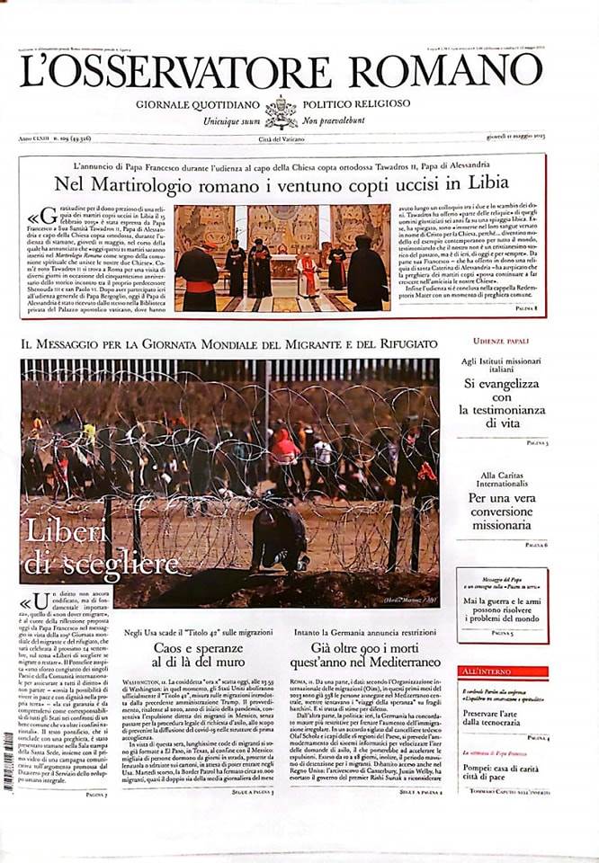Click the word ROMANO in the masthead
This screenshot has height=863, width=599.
(x=448, y=70)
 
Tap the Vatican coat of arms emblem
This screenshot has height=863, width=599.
(x=281, y=111)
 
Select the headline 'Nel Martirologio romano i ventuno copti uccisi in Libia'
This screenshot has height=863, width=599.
(x=282, y=182)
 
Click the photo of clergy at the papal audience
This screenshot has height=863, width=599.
(x=282, y=257)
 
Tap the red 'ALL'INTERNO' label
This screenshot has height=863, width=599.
(x=482, y=672)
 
